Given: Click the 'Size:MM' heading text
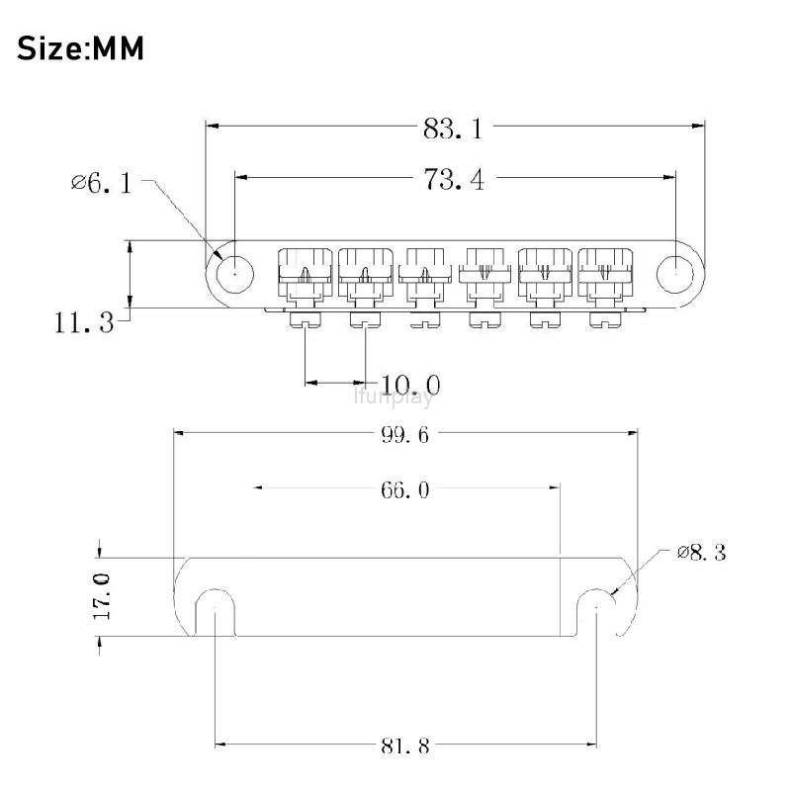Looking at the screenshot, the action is click(81, 48).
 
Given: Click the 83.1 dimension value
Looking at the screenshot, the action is click(453, 129).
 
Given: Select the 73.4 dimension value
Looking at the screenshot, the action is click(454, 179).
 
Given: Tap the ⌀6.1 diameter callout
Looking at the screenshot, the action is click(102, 183).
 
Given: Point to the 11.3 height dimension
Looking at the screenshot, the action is click(84, 322).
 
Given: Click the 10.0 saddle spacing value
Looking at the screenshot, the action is click(410, 385).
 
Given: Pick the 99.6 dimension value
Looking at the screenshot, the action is click(404, 435).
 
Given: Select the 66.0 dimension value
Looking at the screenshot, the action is click(404, 489).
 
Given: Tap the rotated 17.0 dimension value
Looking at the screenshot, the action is click(102, 596).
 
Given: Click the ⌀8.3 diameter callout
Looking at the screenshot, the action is click(701, 553).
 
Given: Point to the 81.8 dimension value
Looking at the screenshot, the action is click(404, 746).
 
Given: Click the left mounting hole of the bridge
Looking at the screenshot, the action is click(234, 274).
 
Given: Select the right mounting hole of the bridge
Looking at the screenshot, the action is click(675, 274).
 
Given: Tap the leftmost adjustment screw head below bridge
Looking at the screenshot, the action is click(306, 320).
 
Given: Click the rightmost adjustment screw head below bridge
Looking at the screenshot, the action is click(605, 320).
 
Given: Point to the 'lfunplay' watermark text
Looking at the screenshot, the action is click(394, 398).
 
